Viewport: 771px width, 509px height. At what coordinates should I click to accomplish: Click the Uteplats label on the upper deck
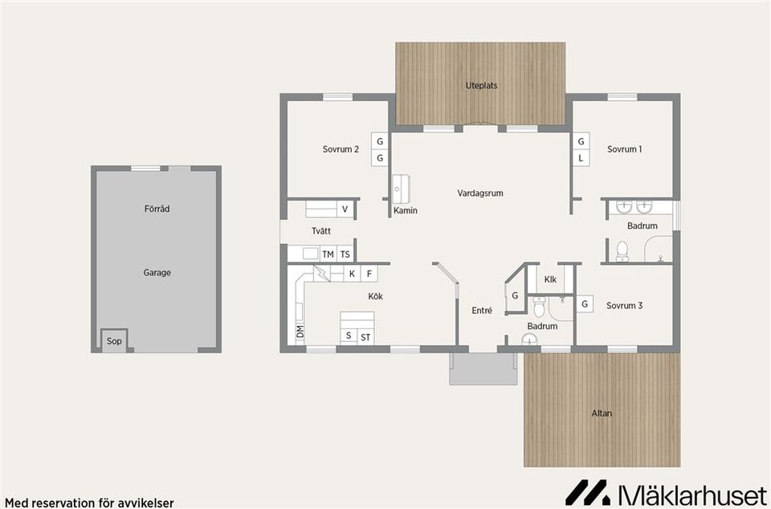(x=481, y=85)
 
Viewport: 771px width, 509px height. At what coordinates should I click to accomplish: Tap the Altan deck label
(x=602, y=413)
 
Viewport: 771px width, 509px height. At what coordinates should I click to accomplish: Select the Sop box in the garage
(x=114, y=340)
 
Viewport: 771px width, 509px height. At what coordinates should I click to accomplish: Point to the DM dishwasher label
(x=300, y=331)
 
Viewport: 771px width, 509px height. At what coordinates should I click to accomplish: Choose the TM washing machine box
(x=328, y=254)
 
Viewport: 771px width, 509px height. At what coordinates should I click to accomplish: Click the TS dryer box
(x=345, y=254)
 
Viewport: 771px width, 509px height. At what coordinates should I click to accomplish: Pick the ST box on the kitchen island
(x=365, y=337)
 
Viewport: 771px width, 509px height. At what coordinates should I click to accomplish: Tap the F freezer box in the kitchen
(x=369, y=274)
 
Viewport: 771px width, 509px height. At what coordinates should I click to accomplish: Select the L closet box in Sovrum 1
(x=581, y=158)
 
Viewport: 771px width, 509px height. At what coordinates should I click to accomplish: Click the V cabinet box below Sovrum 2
(x=345, y=210)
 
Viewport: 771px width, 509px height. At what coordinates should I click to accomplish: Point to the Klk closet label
(x=550, y=279)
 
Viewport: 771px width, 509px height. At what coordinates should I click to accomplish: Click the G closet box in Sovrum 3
(x=585, y=304)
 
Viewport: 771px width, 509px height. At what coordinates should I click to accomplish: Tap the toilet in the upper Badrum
(x=622, y=252)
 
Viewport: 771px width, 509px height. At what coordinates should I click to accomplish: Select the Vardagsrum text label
(x=480, y=193)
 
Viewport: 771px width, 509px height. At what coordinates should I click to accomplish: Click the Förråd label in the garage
(x=157, y=209)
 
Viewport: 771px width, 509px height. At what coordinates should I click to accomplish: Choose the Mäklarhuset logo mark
(x=587, y=492)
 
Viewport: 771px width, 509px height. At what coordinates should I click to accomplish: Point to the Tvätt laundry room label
(x=321, y=231)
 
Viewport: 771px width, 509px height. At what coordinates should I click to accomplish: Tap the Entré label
(x=481, y=311)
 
